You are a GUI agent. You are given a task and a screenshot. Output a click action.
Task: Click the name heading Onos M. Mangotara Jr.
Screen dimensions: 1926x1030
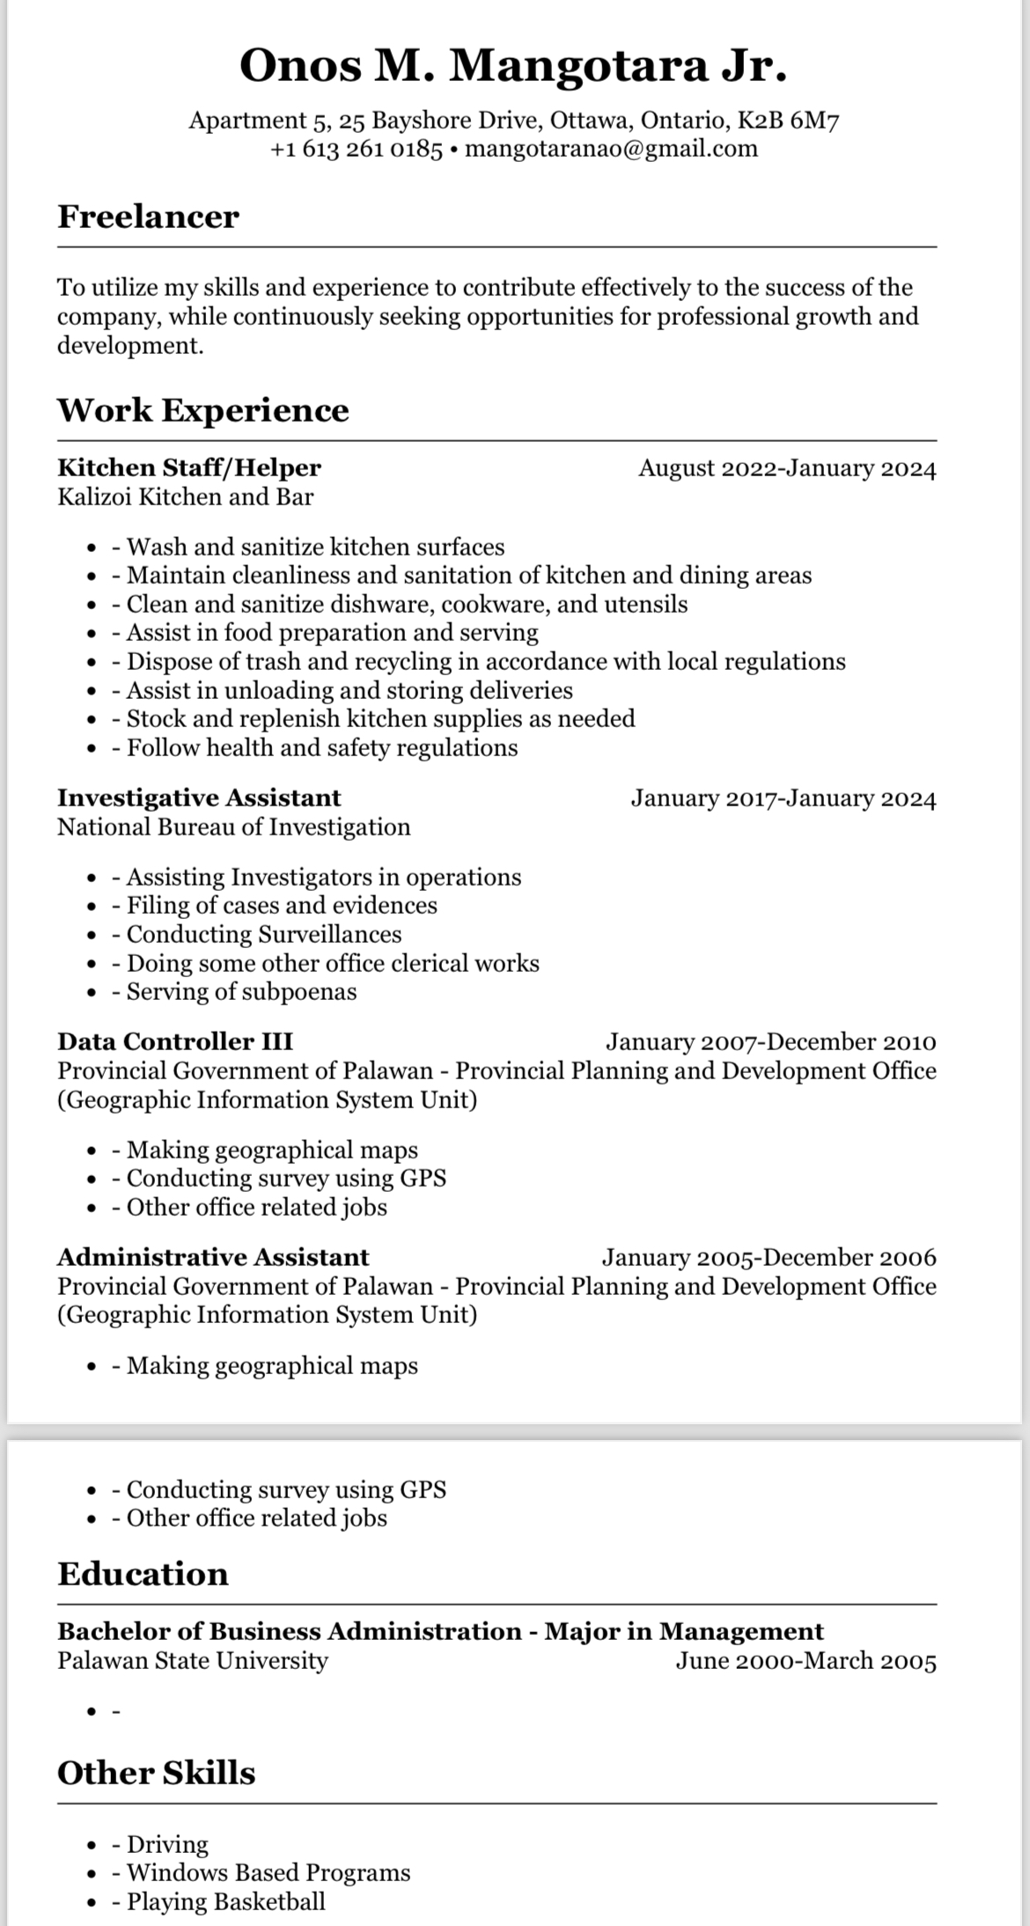tap(513, 66)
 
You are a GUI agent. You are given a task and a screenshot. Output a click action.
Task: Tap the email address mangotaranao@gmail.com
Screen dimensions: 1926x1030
tap(611, 148)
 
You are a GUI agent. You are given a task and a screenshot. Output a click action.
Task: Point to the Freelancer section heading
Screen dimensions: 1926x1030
tap(148, 217)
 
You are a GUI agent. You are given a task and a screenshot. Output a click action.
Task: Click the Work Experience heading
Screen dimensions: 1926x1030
tap(203, 409)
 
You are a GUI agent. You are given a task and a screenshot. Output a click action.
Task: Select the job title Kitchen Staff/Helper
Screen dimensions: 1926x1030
tap(189, 467)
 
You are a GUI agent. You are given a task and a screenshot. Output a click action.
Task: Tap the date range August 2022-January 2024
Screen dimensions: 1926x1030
tap(787, 467)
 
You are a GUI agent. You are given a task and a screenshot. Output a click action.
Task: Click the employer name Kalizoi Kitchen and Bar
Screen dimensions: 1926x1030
tap(185, 496)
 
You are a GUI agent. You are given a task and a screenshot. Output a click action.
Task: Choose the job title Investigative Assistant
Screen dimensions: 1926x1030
tap(199, 798)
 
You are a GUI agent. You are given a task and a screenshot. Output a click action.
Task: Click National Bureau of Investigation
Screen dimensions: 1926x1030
tap(234, 827)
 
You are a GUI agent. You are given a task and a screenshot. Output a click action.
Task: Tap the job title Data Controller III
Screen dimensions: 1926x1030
tap(175, 1041)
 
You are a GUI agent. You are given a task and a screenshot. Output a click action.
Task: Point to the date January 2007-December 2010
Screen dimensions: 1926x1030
tap(770, 1041)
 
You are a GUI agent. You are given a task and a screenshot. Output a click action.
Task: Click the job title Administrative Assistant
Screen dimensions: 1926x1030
tap(213, 1256)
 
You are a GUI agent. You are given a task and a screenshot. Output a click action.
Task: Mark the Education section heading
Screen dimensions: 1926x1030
tap(143, 1573)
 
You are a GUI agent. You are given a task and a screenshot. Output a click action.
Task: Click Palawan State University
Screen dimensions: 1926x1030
tap(193, 1660)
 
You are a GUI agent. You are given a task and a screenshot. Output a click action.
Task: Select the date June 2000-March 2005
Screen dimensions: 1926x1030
tap(806, 1660)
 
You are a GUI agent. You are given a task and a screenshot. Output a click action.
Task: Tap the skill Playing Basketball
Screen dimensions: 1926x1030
tap(225, 1900)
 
